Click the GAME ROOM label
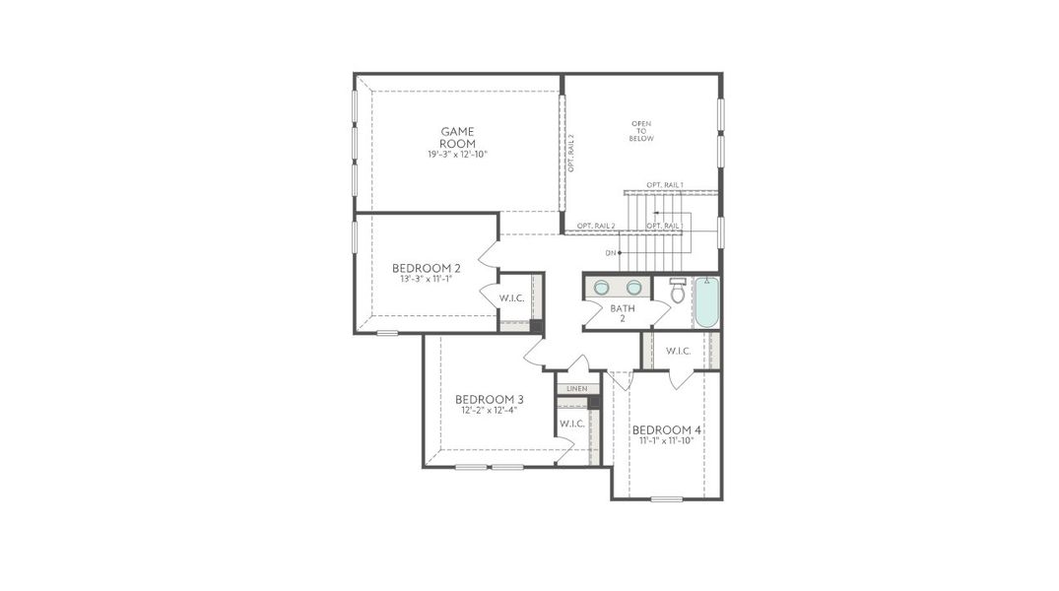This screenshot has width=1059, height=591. pos(457,137)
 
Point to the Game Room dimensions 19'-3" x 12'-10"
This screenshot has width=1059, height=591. pos(457,155)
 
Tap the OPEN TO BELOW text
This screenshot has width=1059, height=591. pos(642,131)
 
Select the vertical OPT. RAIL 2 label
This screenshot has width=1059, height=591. pos(571,153)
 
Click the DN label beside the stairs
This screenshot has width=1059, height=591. pos(611,253)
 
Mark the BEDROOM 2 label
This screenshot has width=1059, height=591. pos(426,268)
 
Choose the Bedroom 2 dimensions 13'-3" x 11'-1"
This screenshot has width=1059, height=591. pos(426,280)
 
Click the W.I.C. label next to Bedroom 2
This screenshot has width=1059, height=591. pos(511,297)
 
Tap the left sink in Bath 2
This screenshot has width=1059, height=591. pos(600,288)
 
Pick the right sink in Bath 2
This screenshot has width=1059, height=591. pos(633,288)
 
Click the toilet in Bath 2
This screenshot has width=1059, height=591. pos(678,292)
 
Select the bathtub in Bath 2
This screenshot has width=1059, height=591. pos(706,301)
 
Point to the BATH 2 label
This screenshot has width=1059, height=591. pos(623,313)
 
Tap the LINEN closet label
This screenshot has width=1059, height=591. pos(577,389)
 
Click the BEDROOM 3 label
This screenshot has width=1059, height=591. pos(489,399)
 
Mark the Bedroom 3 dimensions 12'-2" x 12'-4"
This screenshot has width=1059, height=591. pos(489,410)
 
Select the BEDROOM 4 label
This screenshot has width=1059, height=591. pos(666,429)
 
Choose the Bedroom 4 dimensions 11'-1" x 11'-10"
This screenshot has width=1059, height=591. pos(666,441)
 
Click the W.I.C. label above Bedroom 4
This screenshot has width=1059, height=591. pos(678,351)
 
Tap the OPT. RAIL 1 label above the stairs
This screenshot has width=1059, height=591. pos(665,185)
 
